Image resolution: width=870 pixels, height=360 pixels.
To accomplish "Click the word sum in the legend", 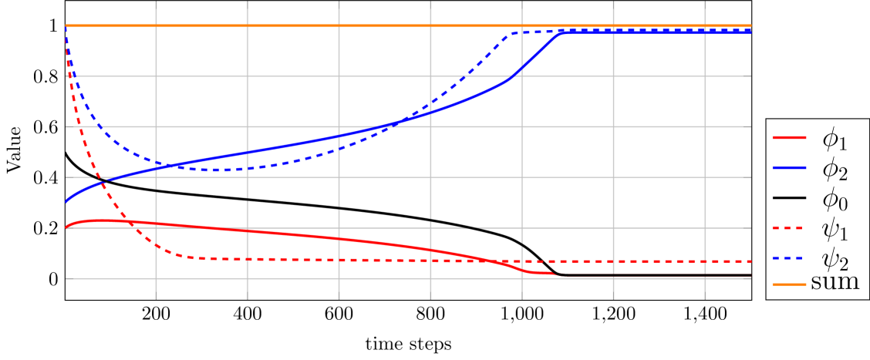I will pos(835,282).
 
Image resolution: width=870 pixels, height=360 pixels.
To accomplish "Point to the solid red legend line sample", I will pos(789,139).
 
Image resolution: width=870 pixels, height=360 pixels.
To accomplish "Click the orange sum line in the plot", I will pos(386,25).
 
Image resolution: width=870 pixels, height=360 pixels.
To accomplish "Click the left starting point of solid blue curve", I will pos(66,202).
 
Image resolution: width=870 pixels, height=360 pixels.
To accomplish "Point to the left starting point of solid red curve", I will pos(66,227).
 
